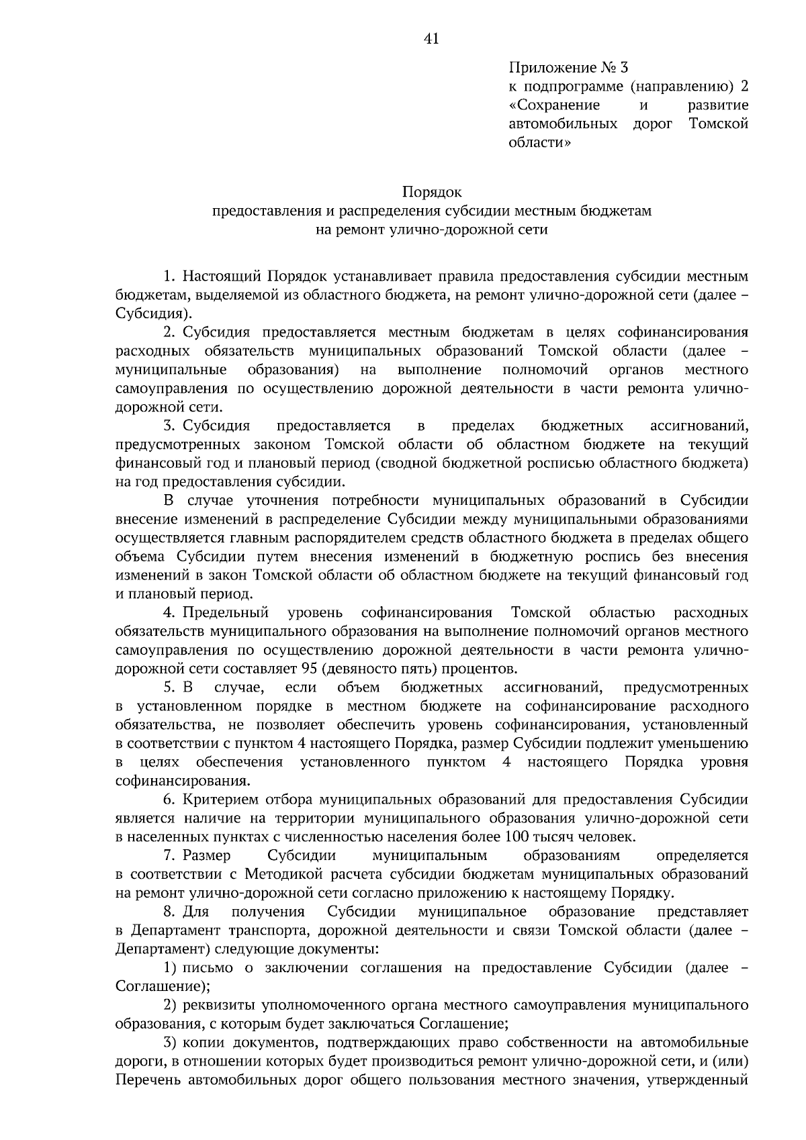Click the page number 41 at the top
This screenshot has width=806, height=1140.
(x=431, y=39)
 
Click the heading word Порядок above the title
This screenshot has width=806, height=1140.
(x=432, y=193)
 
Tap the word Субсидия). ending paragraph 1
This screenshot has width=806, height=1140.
(x=154, y=314)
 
